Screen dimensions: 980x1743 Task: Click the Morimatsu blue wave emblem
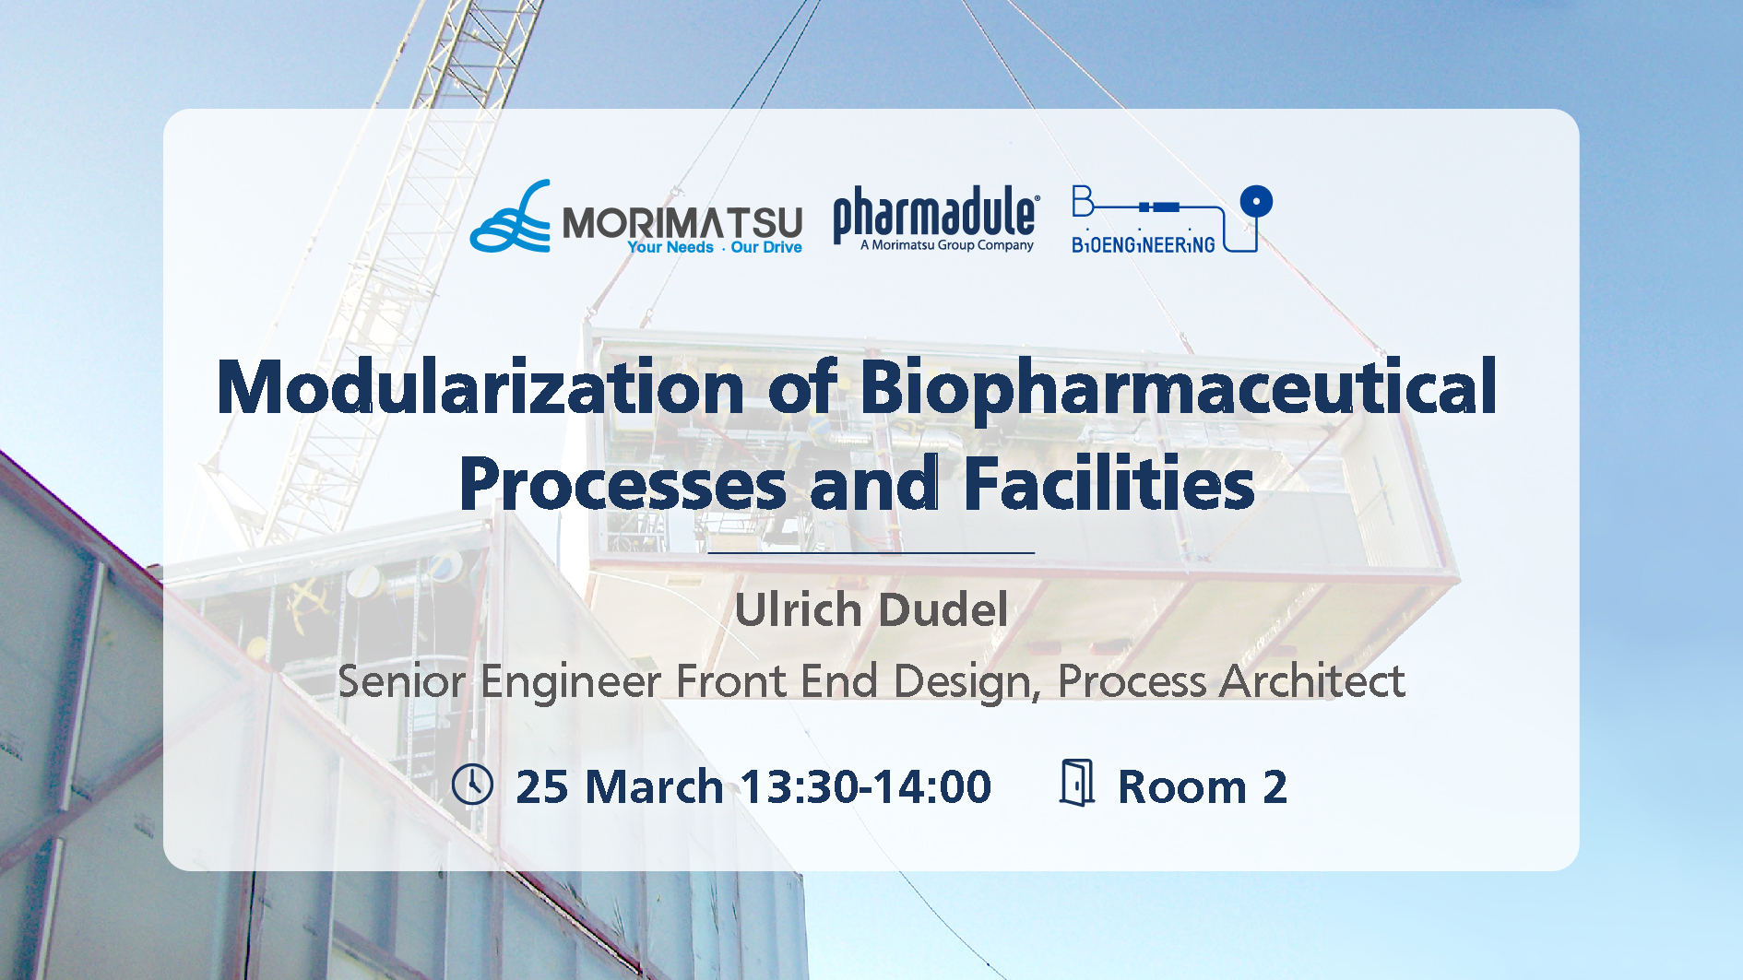tap(509, 218)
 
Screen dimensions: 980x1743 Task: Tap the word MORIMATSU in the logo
tap(682, 221)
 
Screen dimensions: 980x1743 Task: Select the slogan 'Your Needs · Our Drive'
tap(714, 247)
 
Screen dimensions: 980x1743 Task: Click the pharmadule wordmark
tap(935, 211)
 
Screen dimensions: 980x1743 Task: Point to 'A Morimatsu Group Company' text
tap(946, 245)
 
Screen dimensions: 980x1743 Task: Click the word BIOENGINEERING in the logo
tap(1143, 245)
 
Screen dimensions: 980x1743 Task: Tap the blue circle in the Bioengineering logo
tap(1256, 201)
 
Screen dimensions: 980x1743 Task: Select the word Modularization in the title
tap(480, 388)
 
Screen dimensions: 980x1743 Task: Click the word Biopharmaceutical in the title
tap(1178, 388)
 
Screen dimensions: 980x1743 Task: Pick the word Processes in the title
tap(622, 484)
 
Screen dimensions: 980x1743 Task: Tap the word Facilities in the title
tap(1109, 484)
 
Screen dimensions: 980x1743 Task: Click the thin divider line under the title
tap(871, 552)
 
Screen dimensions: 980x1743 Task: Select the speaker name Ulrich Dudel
tap(871, 609)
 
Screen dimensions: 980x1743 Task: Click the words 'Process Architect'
tap(1230, 681)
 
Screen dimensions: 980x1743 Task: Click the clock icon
tap(472, 785)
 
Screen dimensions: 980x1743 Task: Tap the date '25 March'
tap(619, 786)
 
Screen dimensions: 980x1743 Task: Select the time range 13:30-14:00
tap(865, 786)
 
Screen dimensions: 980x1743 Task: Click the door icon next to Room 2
tap(1077, 783)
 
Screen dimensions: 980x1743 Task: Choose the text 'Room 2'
tap(1202, 786)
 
